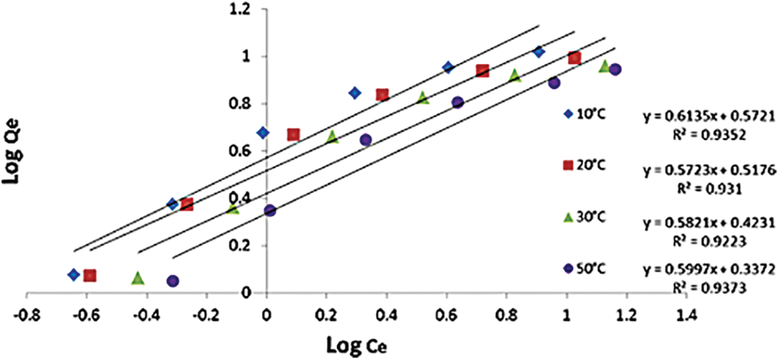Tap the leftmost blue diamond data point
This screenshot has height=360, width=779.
[x=73, y=274]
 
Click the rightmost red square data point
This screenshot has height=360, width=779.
[x=575, y=58]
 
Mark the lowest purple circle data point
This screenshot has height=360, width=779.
[x=172, y=281]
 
